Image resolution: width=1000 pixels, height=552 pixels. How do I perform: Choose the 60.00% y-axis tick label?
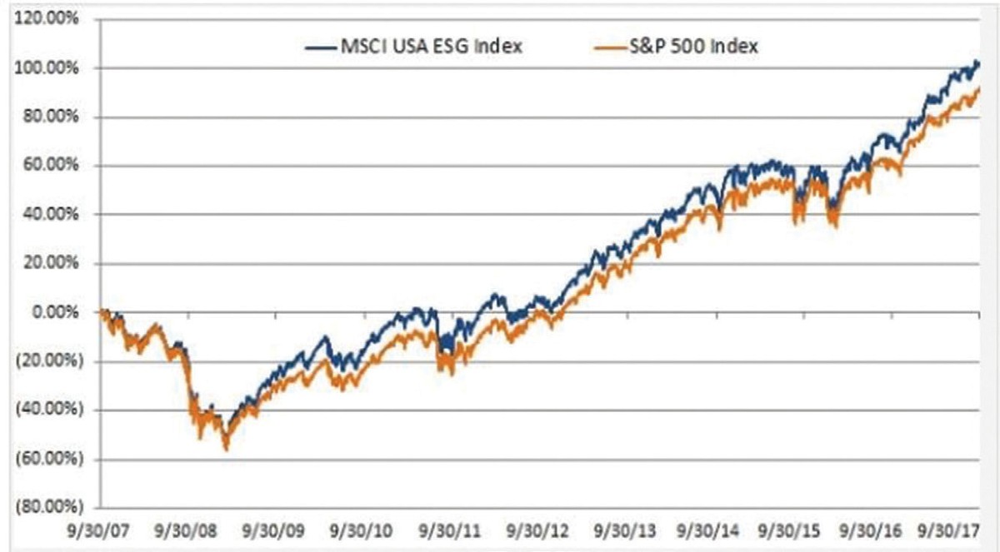[52, 166]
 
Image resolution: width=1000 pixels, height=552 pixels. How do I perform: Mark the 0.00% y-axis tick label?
[55, 312]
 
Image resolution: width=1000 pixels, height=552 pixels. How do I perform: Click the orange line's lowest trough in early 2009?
[226, 450]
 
